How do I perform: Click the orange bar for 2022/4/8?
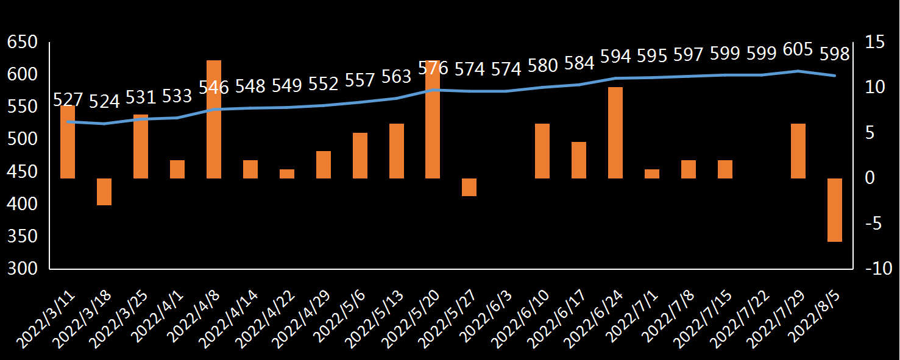[x=214, y=119]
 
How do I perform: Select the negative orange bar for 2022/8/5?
[x=835, y=210]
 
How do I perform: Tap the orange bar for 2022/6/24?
[x=615, y=133]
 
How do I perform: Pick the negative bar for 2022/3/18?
[x=104, y=192]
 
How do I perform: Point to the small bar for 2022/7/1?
[x=652, y=174]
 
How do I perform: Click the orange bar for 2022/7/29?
[x=798, y=151]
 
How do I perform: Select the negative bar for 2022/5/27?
[x=469, y=187]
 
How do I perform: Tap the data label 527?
[x=68, y=99]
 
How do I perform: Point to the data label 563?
[x=397, y=77]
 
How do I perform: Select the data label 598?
[x=835, y=54]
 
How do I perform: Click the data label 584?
[x=579, y=63]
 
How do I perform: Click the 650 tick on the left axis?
[x=22, y=43]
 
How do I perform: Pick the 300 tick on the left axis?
[x=22, y=269]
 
